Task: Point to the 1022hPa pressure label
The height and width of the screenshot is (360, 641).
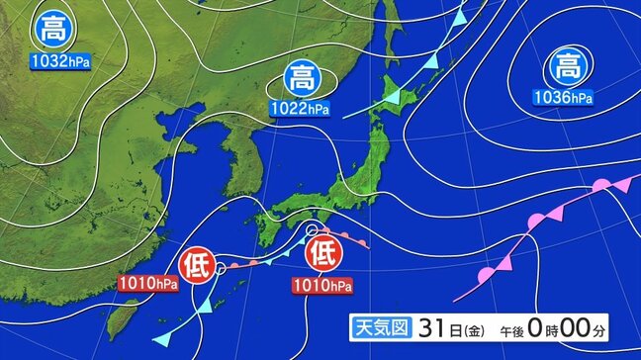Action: pos(303,106)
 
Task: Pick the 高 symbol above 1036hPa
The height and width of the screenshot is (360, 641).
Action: pos(566,67)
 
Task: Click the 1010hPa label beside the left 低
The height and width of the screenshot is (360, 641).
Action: pos(147,284)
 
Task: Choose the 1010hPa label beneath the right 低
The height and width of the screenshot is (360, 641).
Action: pos(322,286)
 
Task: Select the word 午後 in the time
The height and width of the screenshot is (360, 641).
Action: pos(518,327)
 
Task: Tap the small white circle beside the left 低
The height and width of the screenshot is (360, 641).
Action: pos(221,267)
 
